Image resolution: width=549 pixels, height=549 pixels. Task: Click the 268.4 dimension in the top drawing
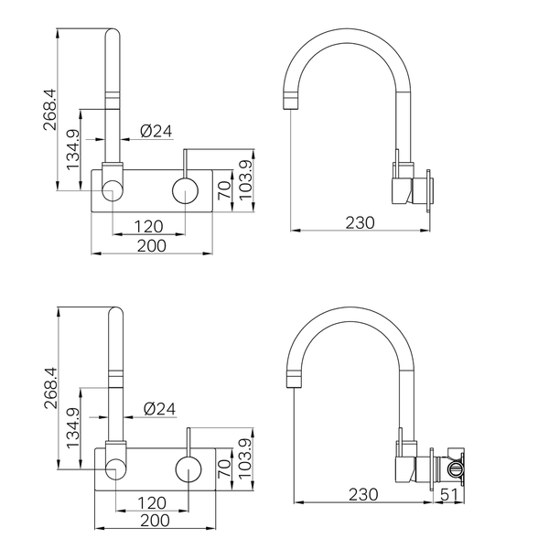tap(49, 110)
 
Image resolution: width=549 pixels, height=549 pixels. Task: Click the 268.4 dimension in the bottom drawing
tap(50, 388)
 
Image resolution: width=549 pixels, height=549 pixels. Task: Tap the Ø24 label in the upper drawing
tap(156, 131)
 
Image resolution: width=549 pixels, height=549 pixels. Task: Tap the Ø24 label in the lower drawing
tap(159, 409)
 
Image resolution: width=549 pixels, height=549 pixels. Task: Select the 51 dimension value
tap(449, 494)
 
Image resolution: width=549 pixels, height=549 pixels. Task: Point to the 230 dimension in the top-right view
tap(360, 222)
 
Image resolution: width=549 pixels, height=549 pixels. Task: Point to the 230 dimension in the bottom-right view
tap(363, 494)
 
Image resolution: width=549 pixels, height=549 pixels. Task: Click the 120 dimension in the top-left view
tap(149, 227)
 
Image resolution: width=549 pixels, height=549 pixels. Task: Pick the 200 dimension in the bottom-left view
tap(156, 521)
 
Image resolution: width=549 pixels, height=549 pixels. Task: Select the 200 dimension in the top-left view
tap(152, 246)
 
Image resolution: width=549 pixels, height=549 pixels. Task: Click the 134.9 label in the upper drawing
tap(73, 149)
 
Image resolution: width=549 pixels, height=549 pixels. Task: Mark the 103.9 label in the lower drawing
tap(245, 458)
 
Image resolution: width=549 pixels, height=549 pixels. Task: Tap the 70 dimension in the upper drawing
tap(224, 190)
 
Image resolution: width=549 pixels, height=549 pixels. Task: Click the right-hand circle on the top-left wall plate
tap(185, 191)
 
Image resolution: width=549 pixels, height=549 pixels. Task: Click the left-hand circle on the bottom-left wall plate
tap(115, 469)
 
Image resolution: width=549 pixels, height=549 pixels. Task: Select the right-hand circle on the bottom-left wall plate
tap(188, 469)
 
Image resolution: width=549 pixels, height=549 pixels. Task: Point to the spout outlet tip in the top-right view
tap(291, 109)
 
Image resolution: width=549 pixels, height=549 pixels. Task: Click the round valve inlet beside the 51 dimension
tap(455, 469)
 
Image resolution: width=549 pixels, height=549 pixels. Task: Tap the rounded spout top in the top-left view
tap(113, 32)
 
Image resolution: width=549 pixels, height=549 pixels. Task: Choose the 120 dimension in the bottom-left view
tap(152, 503)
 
